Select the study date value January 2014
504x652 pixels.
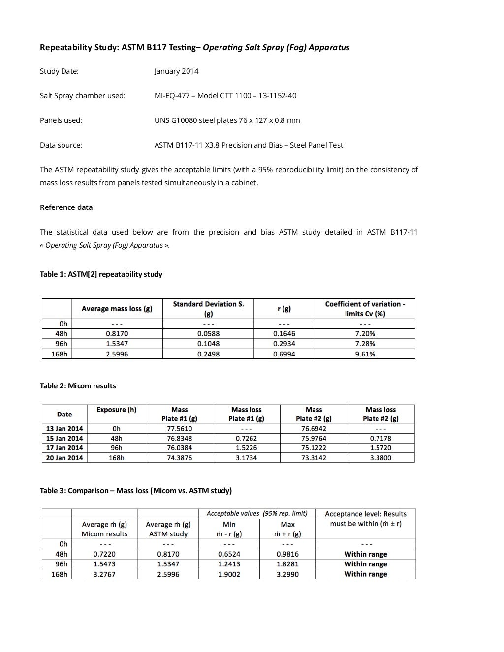click(176, 71)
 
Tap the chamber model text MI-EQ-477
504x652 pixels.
click(174, 96)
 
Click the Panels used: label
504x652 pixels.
click(61, 120)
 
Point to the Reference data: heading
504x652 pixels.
click(67, 207)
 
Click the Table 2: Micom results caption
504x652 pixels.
click(78, 386)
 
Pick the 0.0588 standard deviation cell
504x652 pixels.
click(208, 334)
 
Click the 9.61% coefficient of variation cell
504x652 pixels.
click(365, 354)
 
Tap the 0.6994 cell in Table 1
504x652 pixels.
click(284, 354)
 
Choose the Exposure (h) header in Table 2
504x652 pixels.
click(117, 410)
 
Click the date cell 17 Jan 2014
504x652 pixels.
click(64, 448)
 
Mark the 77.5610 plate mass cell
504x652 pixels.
click(179, 429)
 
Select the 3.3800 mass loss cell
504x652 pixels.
click(380, 458)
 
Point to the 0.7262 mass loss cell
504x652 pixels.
click(246, 438)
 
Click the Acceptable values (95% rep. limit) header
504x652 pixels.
click(257, 514)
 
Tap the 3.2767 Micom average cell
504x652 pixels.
click(104, 574)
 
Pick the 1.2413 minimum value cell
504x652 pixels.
click(229, 564)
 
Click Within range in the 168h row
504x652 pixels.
click(365, 574)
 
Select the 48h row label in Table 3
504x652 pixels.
click(62, 554)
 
